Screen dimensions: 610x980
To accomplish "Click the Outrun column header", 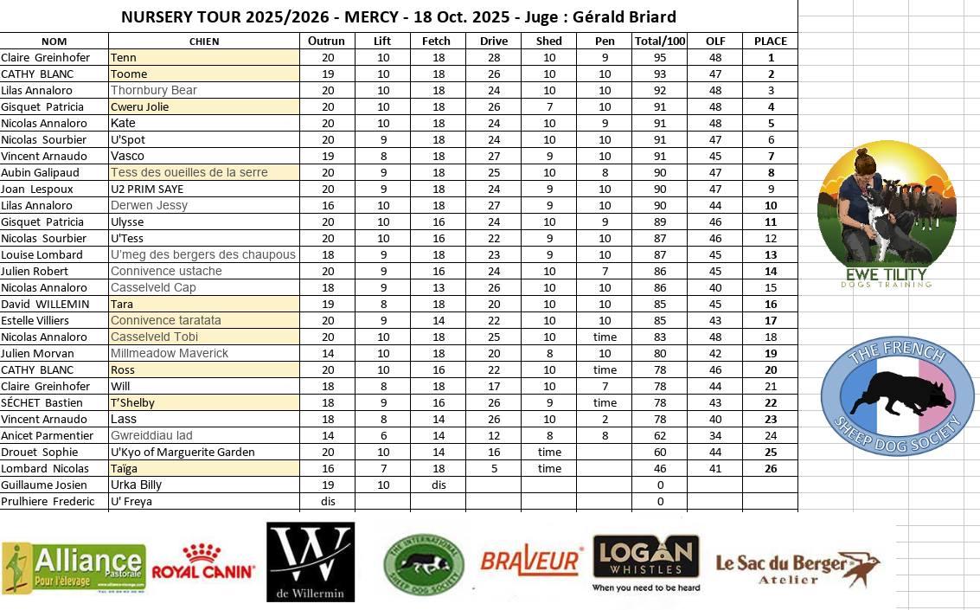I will click(326, 41).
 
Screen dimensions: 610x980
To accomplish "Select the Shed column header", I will click(548, 41).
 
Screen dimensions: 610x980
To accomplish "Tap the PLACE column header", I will click(770, 41).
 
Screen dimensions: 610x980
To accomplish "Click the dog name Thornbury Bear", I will click(154, 90).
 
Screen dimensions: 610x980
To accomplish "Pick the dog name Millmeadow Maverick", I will click(170, 353).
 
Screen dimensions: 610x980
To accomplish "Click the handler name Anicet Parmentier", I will click(47, 435).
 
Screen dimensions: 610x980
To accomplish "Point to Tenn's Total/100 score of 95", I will click(660, 57).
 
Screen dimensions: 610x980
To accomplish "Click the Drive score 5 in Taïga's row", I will click(494, 468).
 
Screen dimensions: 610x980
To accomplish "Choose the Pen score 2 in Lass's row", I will click(605, 419).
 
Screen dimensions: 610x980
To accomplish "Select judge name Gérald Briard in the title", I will click(625, 16).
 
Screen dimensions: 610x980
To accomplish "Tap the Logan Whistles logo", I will click(646, 562).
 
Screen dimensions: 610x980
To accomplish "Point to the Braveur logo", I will click(529, 562).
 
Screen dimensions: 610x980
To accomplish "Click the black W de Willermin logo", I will click(311, 562).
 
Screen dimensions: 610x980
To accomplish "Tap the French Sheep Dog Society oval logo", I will click(897, 396).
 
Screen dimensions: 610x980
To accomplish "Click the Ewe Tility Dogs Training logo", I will click(887, 215).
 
